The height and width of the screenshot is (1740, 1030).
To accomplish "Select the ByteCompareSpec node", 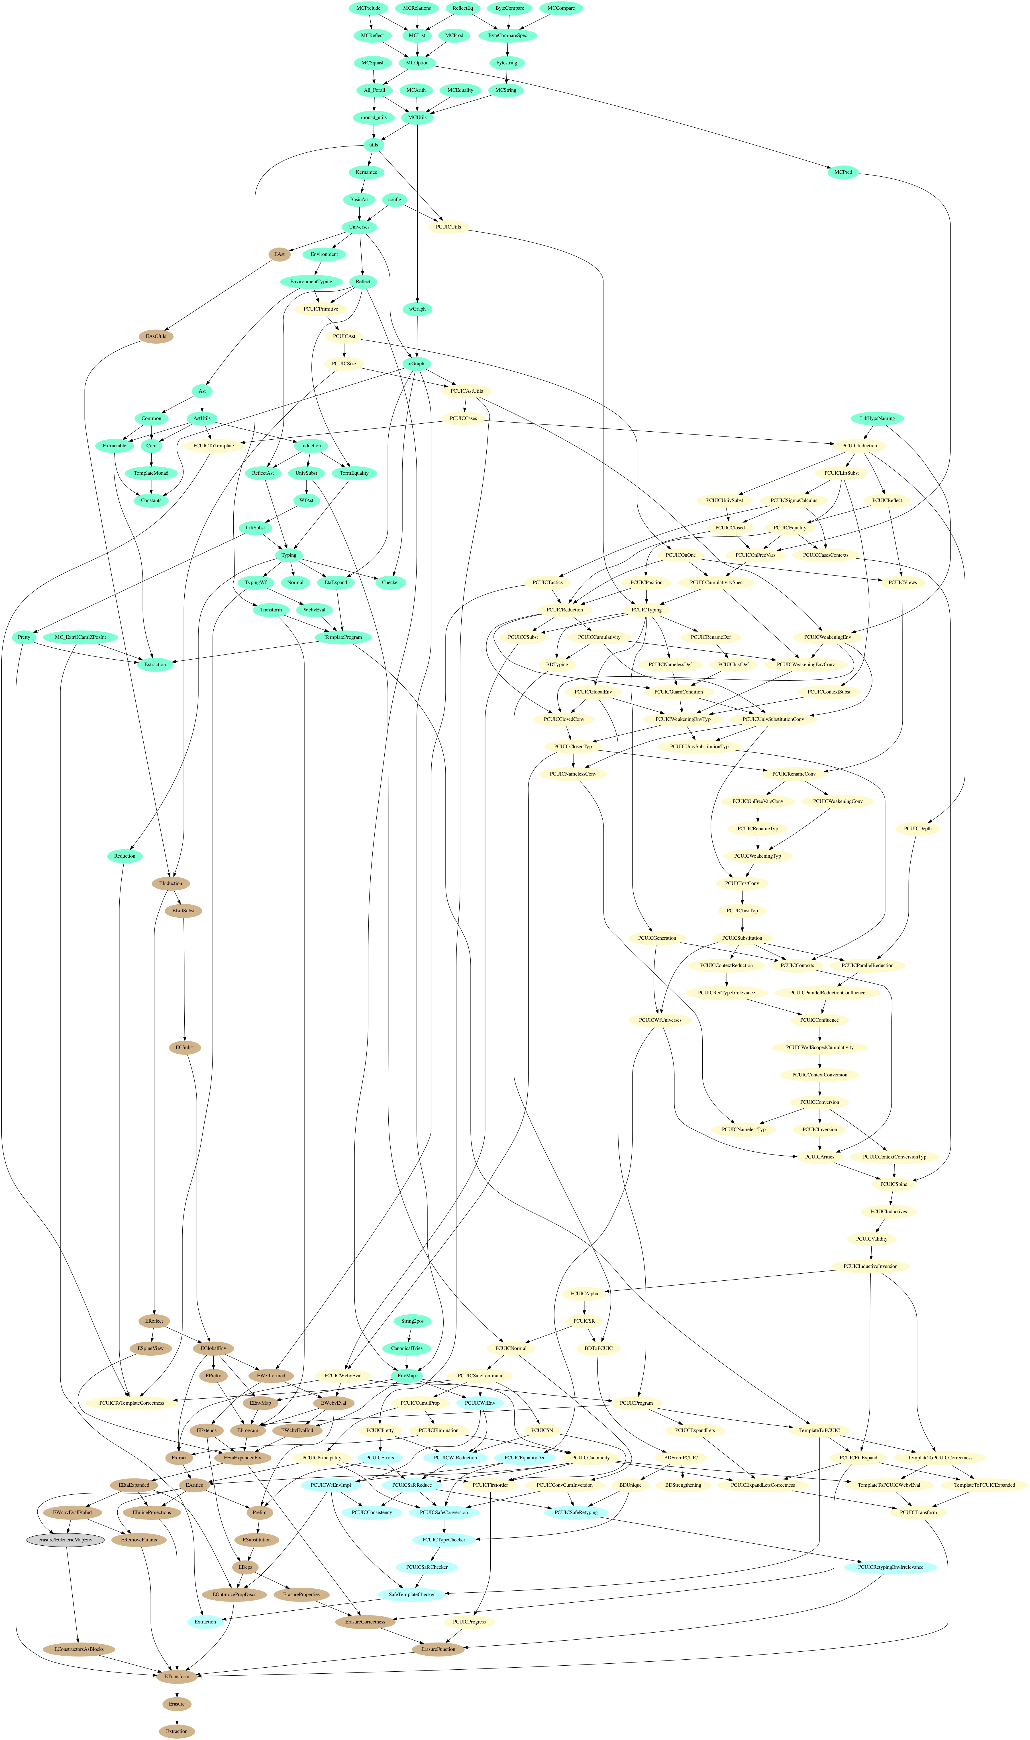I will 507,35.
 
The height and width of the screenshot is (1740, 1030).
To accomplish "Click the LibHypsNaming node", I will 877,419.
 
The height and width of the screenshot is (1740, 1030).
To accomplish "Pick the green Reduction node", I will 125,856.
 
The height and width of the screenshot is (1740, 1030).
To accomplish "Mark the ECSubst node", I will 185,1047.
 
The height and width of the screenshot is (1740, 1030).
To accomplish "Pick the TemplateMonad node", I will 151,473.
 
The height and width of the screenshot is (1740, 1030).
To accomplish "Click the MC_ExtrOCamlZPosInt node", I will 80,637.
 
